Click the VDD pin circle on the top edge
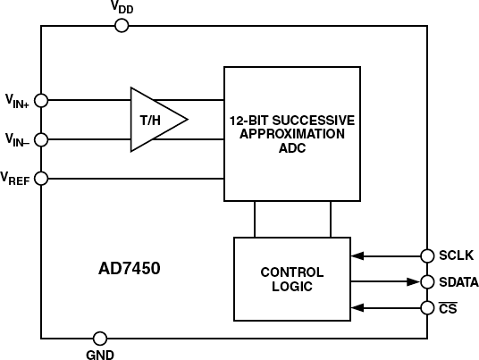point(122,26)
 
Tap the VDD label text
point(123,8)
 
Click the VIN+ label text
point(17,101)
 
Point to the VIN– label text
point(17,139)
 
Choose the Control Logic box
point(291,280)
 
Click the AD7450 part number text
point(130,267)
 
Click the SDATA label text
point(458,282)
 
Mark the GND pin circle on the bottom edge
point(100,339)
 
